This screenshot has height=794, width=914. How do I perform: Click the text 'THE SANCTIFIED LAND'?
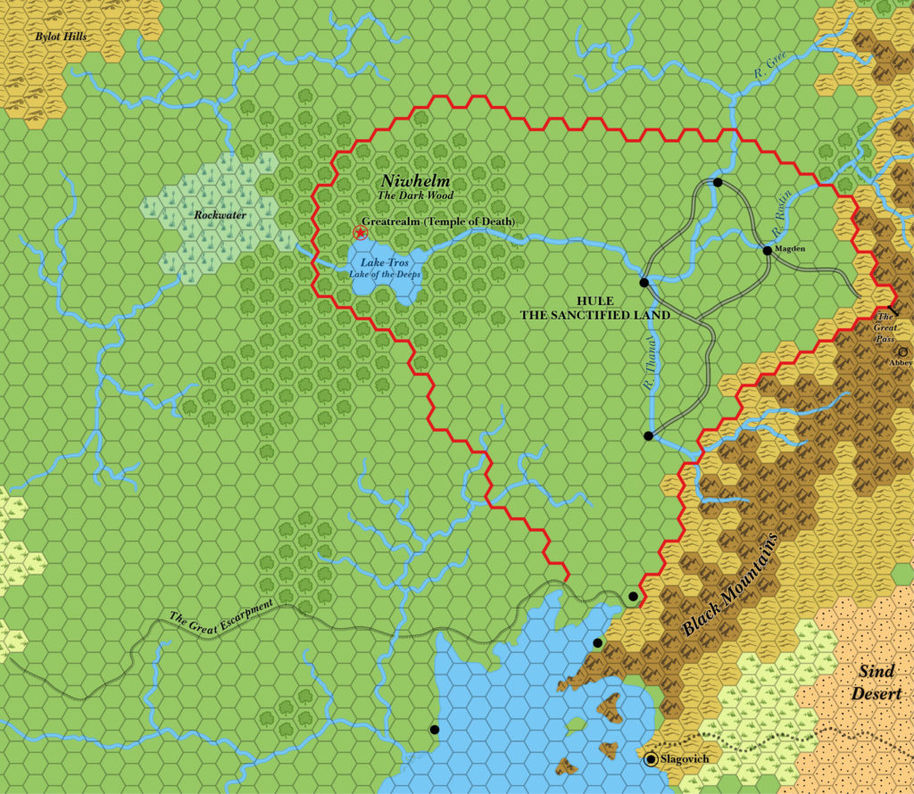click(596, 315)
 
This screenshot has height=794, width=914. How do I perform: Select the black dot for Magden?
click(767, 251)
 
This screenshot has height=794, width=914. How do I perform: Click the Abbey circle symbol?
click(902, 352)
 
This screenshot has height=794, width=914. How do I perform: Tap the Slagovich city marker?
click(652, 759)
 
